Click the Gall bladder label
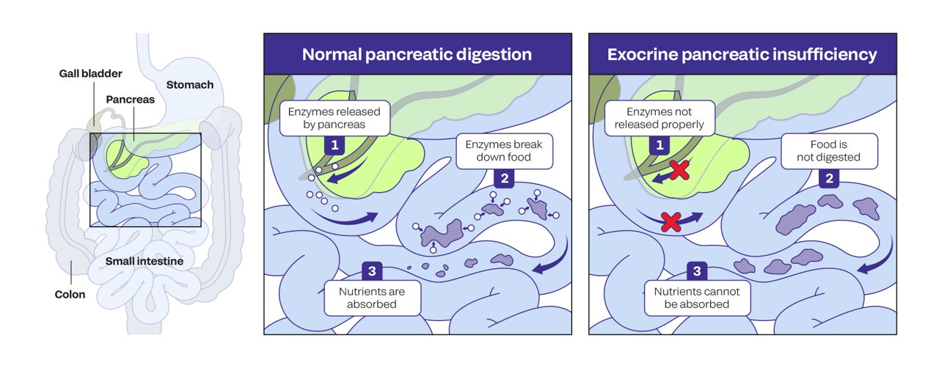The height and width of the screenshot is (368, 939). coord(91,73)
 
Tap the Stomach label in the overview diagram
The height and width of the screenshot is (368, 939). coord(189,84)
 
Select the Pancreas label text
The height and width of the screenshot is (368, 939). coord(130,99)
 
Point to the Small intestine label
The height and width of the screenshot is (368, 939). coord(144,261)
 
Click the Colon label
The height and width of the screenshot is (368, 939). coord(70,295)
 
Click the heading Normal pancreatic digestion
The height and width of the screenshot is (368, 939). coord(417,54)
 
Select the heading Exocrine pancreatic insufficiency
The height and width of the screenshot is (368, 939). coord(742,54)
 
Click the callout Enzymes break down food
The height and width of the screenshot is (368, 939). coord(503,150)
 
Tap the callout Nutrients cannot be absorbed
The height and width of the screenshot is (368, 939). coord(697,298)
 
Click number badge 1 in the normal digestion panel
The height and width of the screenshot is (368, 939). coord(335,144)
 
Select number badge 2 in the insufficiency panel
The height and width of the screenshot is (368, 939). coord(830,178)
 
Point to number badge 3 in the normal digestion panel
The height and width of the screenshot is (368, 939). coord(372,271)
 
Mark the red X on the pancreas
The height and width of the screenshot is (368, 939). coord(679,171)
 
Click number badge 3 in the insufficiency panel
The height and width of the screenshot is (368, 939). coord(698,271)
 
